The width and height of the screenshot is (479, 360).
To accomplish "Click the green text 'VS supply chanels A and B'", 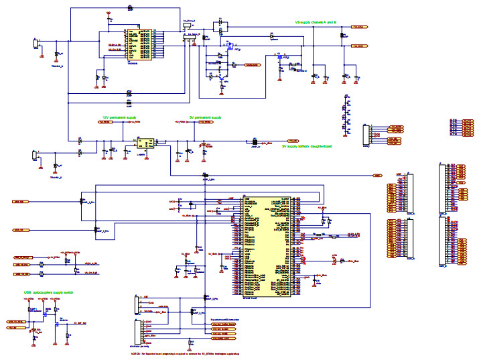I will (316, 21).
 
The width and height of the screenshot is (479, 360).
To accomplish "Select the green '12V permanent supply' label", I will (119, 117).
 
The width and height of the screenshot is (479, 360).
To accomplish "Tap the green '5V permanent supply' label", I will (205, 117).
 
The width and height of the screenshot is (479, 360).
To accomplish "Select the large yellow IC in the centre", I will (267, 245).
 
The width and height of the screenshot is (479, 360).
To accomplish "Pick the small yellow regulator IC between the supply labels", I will (145, 142).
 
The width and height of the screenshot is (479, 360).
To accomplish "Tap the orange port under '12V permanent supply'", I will (106, 123).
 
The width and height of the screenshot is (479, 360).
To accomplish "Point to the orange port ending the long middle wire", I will (378, 175).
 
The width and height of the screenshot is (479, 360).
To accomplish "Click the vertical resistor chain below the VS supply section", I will (346, 114).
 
